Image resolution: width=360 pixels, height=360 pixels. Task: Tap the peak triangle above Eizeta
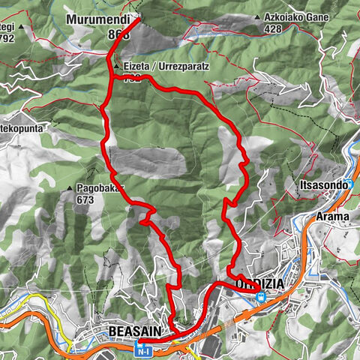tap(116, 66)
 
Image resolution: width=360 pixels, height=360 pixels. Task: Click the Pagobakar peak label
tap(98, 189)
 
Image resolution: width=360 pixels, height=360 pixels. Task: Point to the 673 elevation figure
tap(85, 200)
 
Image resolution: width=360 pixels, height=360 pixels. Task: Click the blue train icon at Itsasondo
tap(349, 183)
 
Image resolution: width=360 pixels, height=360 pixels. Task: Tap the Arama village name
tap(332, 217)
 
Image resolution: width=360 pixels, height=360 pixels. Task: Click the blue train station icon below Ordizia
tap(260, 297)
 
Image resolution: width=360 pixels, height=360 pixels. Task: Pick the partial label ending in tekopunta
tap(22, 129)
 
